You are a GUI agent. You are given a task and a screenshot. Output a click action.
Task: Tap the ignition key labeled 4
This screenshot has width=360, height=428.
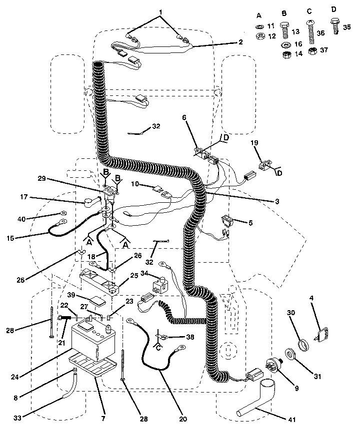[320, 334]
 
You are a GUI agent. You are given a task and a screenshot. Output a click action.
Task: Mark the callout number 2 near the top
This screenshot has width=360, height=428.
[240, 42]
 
